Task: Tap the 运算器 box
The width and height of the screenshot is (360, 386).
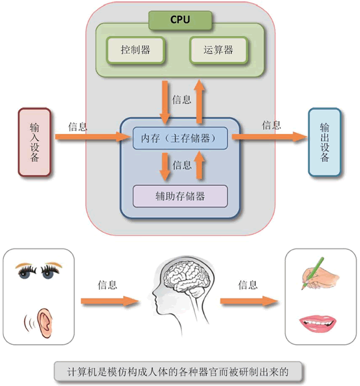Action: tap(219, 50)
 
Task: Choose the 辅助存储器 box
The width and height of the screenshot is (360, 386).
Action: tap(180, 196)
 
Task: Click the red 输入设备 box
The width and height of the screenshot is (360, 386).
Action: tap(35, 142)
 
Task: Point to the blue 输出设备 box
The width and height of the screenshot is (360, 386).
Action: tap(325, 142)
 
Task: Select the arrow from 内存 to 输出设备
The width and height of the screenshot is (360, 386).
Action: tap(268, 137)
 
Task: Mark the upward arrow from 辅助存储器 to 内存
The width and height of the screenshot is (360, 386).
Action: tap(201, 167)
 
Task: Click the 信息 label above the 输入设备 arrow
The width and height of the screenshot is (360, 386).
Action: tap(78, 126)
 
